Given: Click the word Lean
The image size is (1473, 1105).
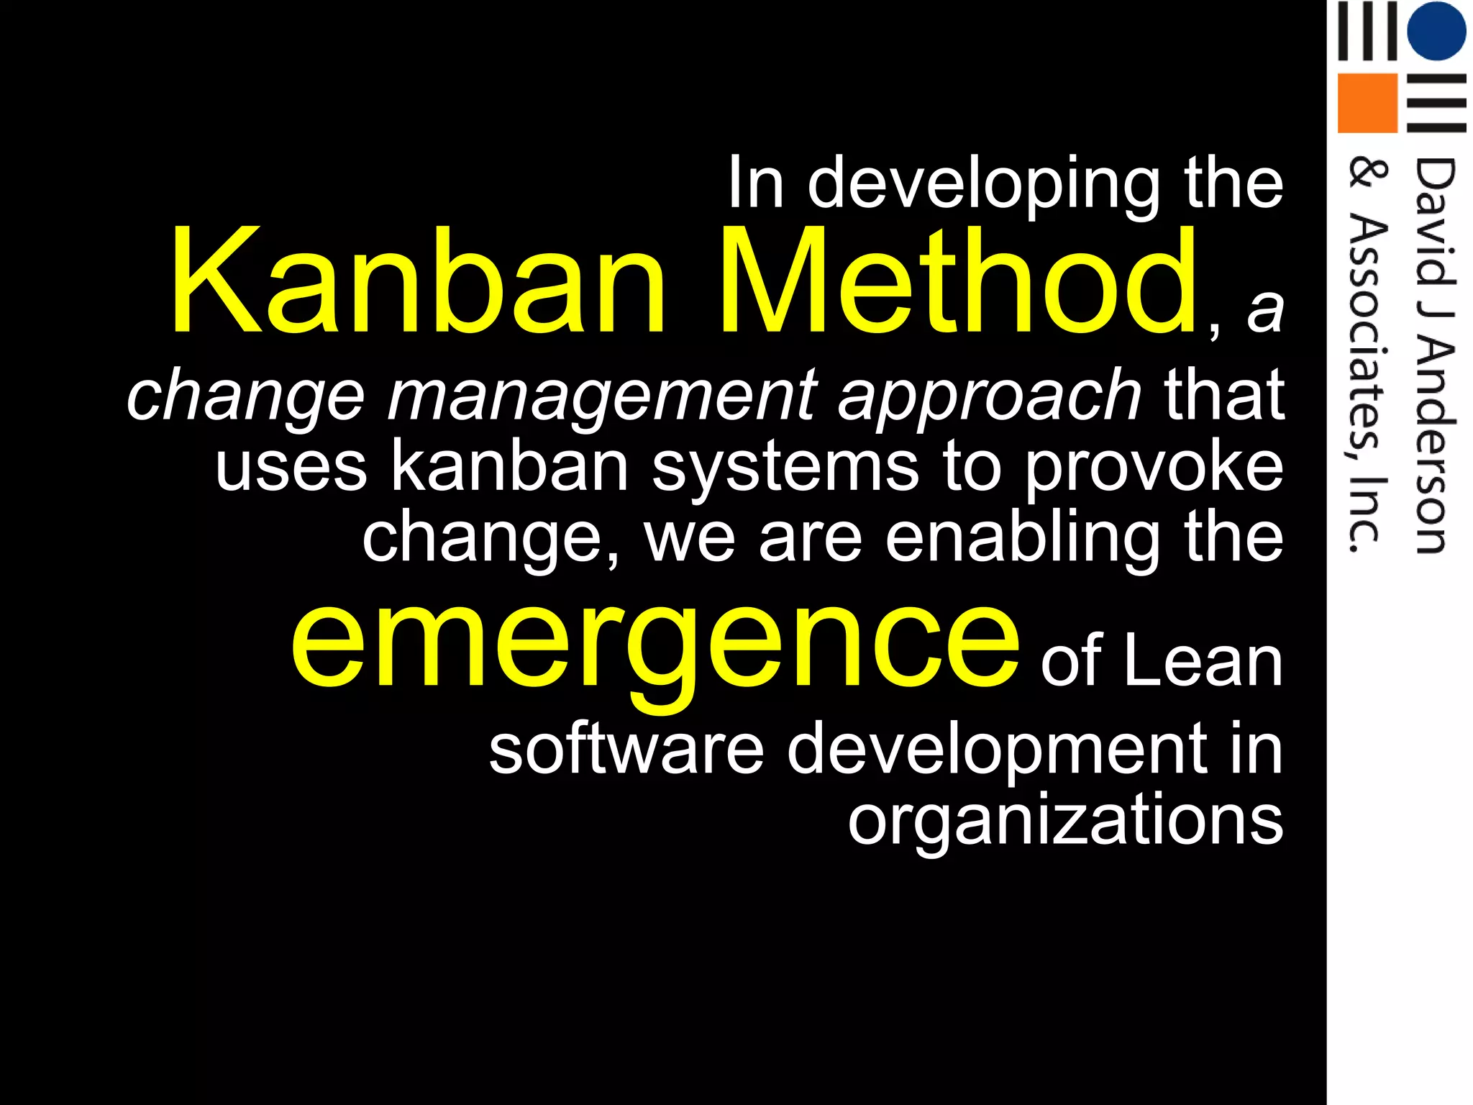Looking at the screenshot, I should pos(1203,660).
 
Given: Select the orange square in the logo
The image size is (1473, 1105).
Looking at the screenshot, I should pos(1367,103).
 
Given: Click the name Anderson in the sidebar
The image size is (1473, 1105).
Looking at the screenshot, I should pos(1433,446).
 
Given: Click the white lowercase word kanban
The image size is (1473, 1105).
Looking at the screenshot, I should pos(511,466).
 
